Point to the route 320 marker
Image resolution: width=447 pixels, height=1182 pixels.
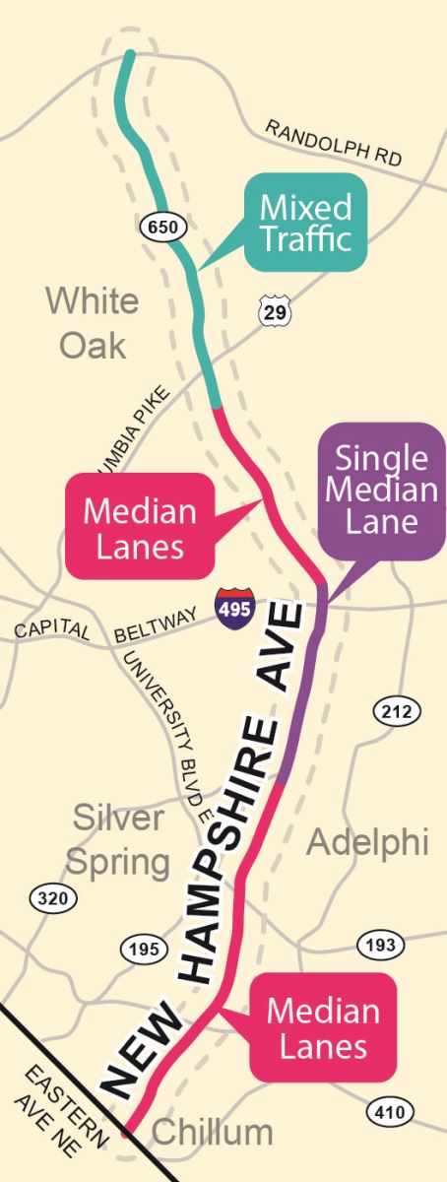click(49, 897)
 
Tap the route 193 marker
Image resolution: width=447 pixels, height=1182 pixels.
click(379, 944)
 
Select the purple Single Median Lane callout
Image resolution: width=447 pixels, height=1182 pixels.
click(381, 490)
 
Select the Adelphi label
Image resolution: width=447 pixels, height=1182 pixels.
click(367, 843)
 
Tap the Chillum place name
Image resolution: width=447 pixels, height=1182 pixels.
click(213, 1133)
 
